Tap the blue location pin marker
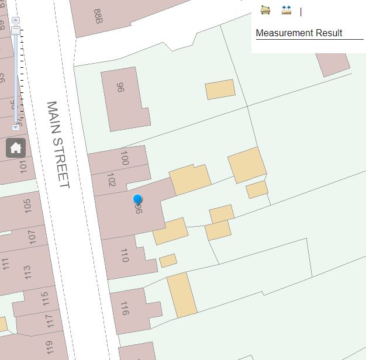(138, 200)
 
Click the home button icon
(16, 148)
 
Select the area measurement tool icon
(265, 10)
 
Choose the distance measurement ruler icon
(286, 10)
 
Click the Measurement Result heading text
(299, 33)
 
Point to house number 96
(120, 88)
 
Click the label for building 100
(124, 158)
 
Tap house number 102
(112, 179)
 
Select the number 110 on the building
(124, 255)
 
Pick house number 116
(124, 309)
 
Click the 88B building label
(98, 16)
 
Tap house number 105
(27, 206)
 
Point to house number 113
(27, 272)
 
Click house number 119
(49, 348)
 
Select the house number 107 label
(32, 238)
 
